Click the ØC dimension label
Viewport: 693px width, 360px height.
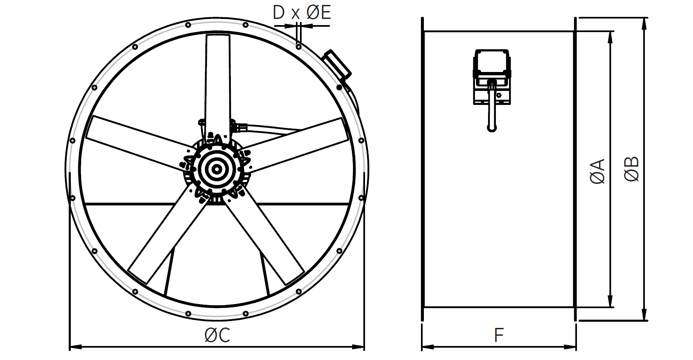(217, 335)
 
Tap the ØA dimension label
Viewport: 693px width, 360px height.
(598, 172)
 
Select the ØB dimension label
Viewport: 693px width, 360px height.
(631, 169)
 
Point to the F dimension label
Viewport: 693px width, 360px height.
(499, 335)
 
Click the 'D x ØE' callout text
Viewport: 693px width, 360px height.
(302, 13)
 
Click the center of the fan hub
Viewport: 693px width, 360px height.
(217, 169)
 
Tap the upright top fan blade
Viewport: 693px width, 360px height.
(218, 90)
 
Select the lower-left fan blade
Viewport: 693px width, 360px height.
(169, 235)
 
